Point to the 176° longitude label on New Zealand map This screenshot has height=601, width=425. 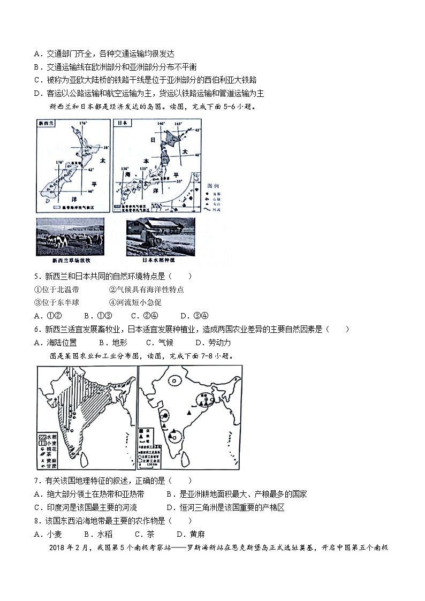click(x=82, y=124)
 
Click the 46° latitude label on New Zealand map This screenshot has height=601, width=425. click(x=90, y=191)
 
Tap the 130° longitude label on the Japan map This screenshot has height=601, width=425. click(x=125, y=169)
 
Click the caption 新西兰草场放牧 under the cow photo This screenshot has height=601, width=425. click(x=69, y=260)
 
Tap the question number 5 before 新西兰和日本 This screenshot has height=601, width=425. click(x=36, y=276)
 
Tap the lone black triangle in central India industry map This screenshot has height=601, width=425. click(x=189, y=413)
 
